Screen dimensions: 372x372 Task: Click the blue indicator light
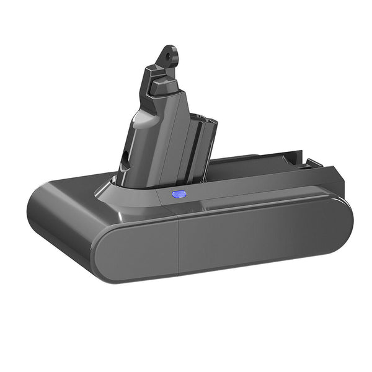(x=179, y=194)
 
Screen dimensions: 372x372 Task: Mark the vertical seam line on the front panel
(x=178, y=242)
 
